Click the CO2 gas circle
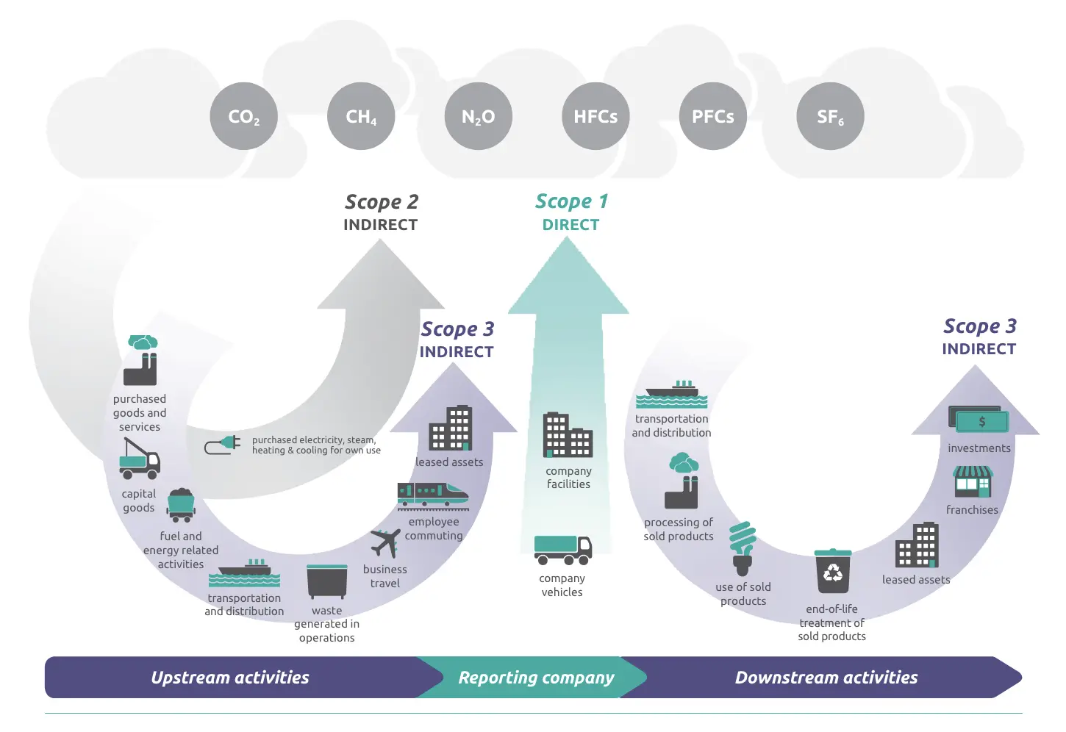click(x=244, y=116)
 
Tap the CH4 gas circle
click(x=361, y=116)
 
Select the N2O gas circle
click(x=479, y=116)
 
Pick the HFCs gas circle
click(x=595, y=116)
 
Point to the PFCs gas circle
click(x=713, y=116)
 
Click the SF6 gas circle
click(x=830, y=116)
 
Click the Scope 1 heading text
click(x=571, y=201)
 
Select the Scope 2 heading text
click(x=381, y=202)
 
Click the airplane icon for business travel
click(x=385, y=543)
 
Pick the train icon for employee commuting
click(x=432, y=495)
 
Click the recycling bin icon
click(x=833, y=571)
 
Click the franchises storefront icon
click(x=973, y=482)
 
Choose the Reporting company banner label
click(x=536, y=678)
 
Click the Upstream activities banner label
click(x=230, y=678)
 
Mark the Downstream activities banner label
click(x=826, y=678)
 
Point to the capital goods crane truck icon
click(x=140, y=459)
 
